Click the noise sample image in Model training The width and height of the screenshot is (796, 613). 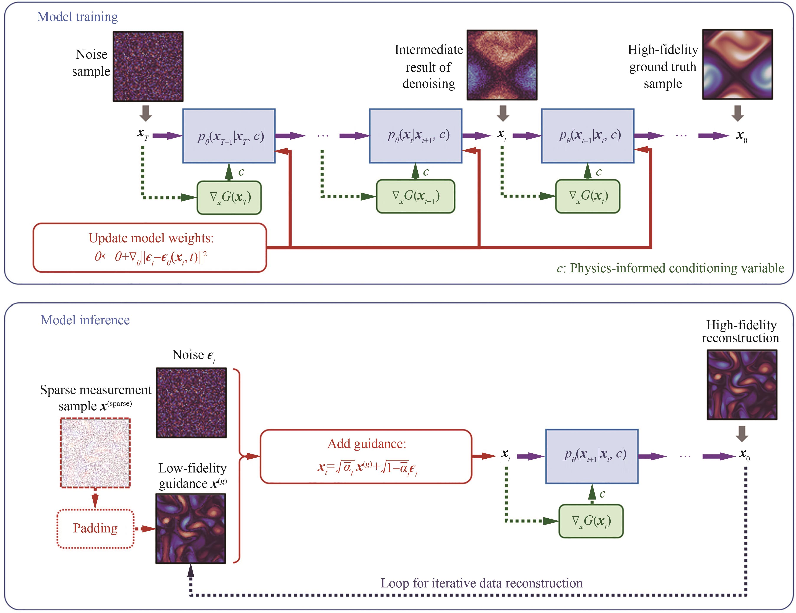coord(148,66)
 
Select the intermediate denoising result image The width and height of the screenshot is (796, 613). coord(502,65)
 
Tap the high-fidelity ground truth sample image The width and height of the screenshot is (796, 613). coord(737,64)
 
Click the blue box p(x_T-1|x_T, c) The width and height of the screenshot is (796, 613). coord(229,136)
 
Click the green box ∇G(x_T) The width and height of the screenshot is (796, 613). coord(229,197)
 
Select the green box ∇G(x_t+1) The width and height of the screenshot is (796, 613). coord(415,196)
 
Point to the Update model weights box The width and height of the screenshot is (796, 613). coord(150,247)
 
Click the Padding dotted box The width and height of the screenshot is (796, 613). coord(95,528)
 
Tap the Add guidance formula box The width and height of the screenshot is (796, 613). coord(366,456)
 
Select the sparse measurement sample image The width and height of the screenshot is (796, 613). coord(95,453)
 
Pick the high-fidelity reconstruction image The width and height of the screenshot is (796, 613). coord(742,385)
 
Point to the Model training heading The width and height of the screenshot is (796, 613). coord(78,17)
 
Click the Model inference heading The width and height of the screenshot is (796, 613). coord(85,320)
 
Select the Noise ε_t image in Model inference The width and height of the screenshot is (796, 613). coord(191,403)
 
